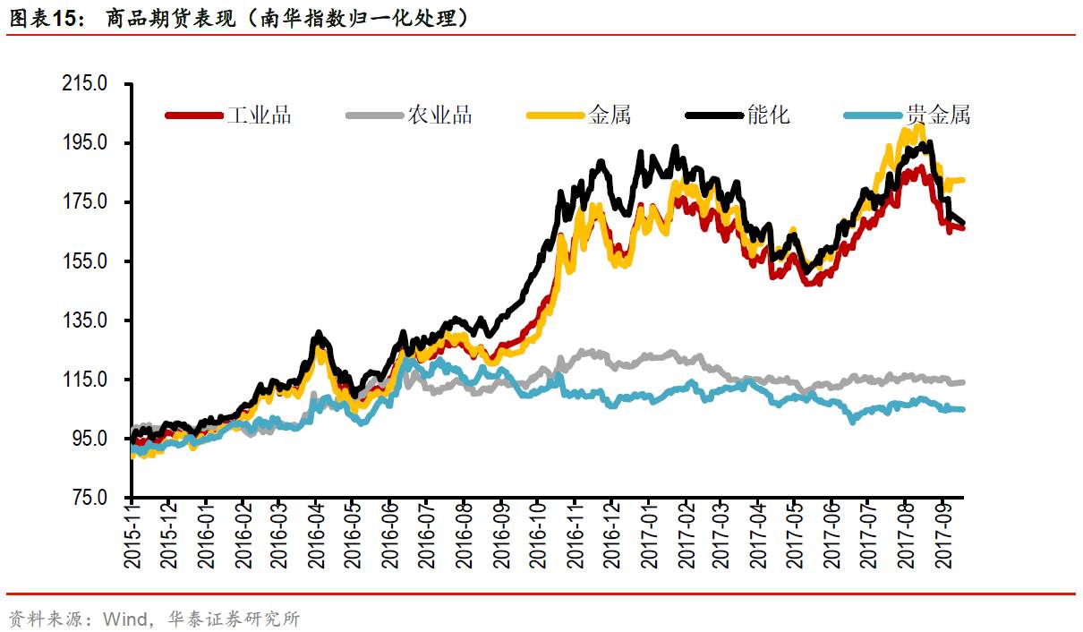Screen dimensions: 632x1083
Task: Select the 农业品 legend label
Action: point(439,115)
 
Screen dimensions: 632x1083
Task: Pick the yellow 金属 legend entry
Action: point(610,115)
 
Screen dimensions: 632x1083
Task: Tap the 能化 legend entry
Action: point(768,115)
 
